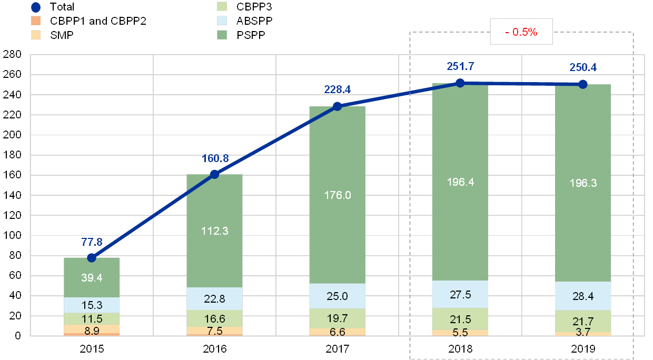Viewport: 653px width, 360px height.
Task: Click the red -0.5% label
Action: [x=521, y=32]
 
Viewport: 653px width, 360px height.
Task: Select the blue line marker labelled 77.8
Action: [x=92, y=257]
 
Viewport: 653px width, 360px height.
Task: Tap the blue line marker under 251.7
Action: [x=460, y=83]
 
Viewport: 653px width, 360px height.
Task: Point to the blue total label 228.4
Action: [x=338, y=90]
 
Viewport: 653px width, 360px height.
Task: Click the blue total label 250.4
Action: [x=582, y=67]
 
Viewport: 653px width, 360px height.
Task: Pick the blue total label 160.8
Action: [x=214, y=158]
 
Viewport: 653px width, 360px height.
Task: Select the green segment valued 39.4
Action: [x=92, y=277]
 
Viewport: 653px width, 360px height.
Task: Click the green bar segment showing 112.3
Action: [x=214, y=231]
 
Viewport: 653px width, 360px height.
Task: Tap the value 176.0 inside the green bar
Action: [x=337, y=195]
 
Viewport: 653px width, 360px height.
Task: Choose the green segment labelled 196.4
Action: [x=460, y=182]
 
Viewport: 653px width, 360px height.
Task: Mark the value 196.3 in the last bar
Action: [x=583, y=183]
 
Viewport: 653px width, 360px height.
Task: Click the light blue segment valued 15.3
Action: [x=92, y=305]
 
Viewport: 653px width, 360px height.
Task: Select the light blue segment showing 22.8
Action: [x=214, y=298]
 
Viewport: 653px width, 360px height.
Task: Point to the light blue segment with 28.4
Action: [x=583, y=296]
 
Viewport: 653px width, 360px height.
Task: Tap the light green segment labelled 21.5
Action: [x=460, y=319]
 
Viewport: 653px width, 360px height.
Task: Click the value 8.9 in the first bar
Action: [x=92, y=330]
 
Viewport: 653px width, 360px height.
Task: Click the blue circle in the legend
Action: [x=36, y=7]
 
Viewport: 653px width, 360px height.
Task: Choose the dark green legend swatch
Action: [x=222, y=35]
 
